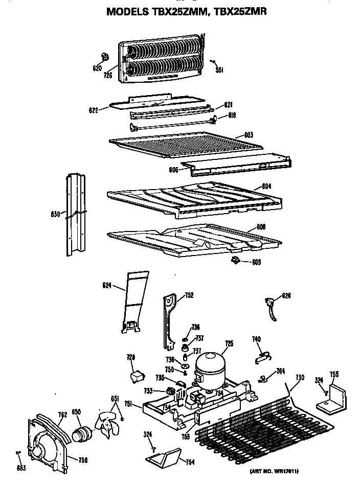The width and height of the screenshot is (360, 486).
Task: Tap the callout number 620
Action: (97, 68)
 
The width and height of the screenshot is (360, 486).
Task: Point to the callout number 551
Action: (220, 71)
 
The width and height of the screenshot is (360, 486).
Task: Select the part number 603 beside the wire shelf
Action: (249, 135)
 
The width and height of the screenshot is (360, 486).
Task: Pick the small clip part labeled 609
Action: (236, 261)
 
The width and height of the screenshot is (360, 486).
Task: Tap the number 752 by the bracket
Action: (188, 295)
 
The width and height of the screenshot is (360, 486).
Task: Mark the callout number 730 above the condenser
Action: (300, 377)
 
